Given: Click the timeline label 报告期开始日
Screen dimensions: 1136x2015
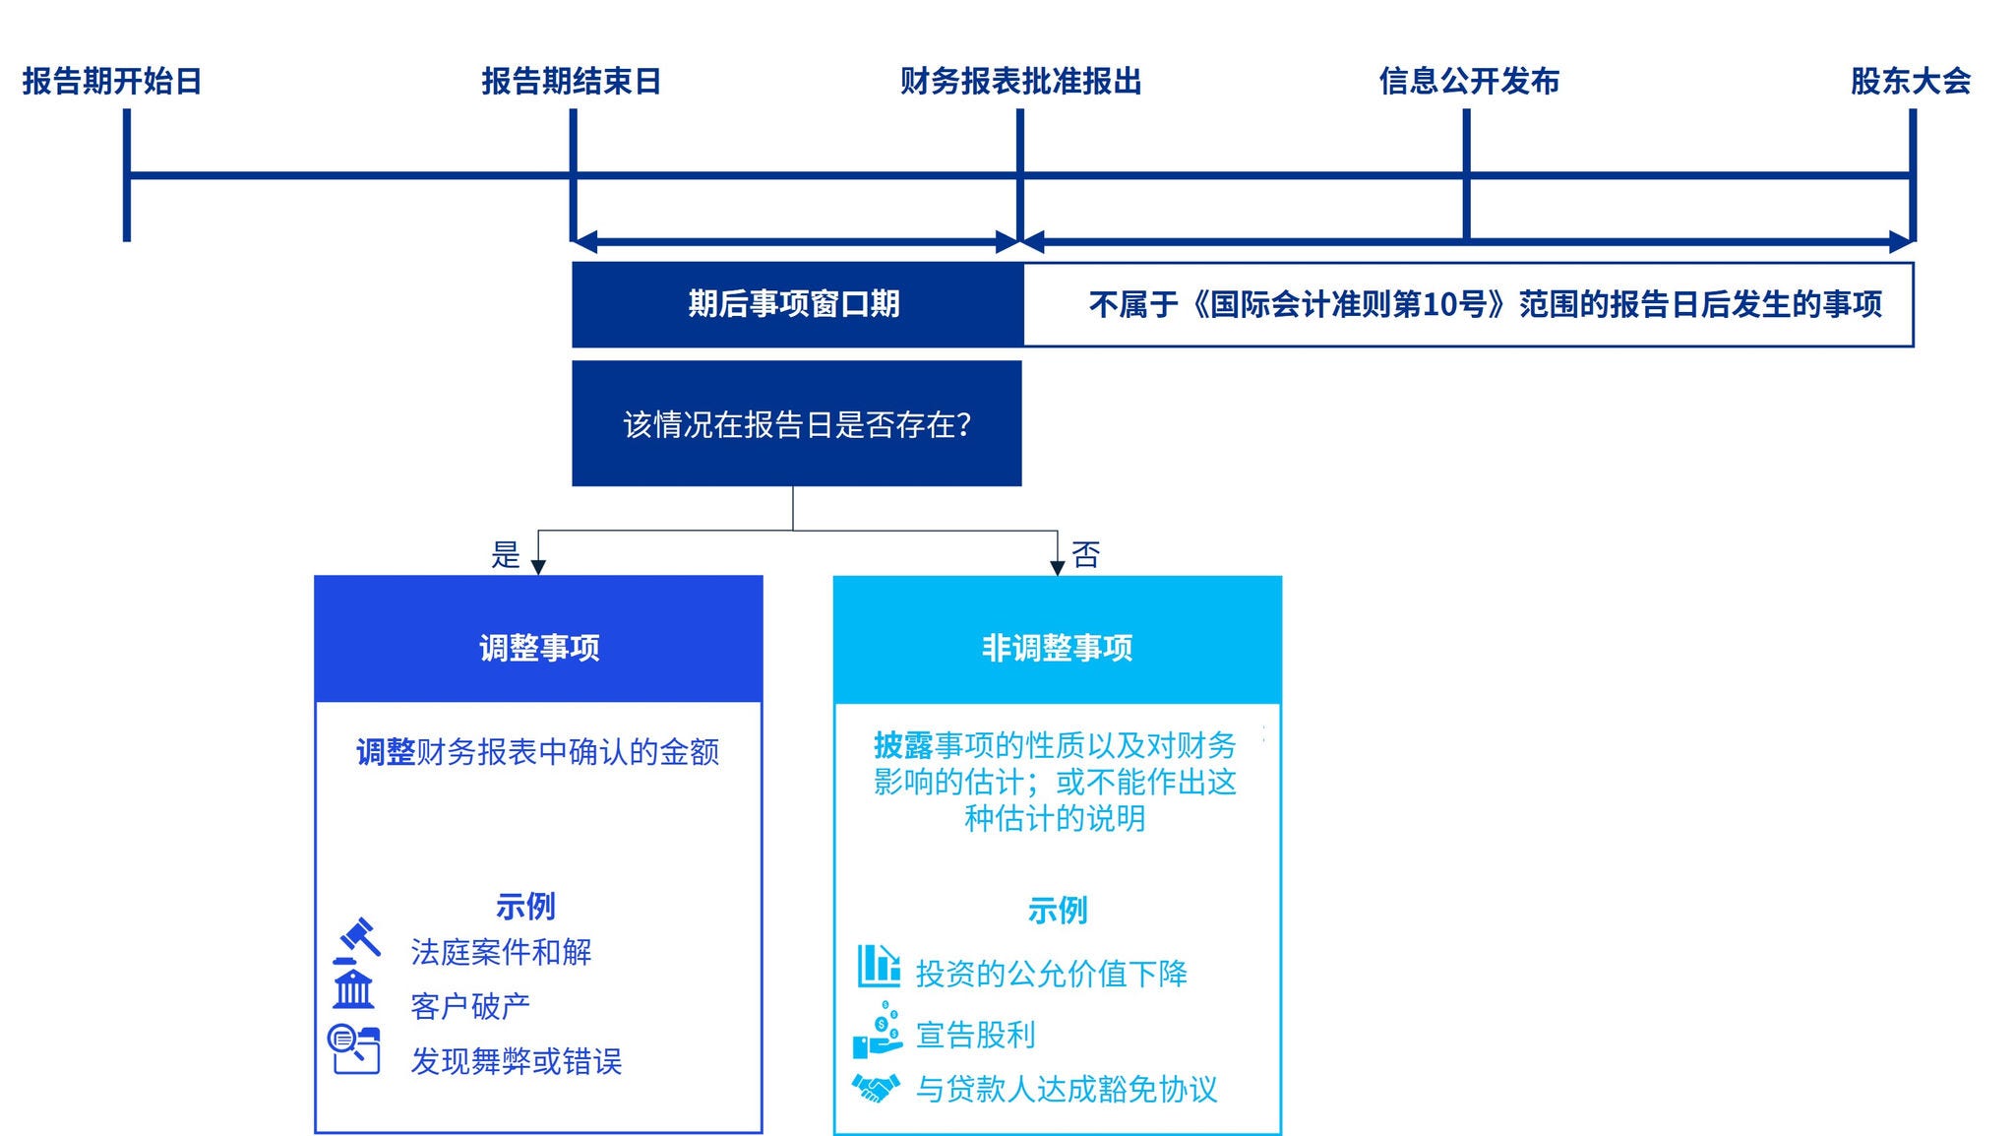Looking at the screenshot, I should pos(112,81).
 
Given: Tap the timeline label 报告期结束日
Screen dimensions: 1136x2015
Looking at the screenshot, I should pos(571,81).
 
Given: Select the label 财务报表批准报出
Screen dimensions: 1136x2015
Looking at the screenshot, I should pos(1020,81).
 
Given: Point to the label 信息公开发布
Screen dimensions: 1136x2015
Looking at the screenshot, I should pos(1469,81).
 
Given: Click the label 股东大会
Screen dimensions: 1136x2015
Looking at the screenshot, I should pos(1911,81).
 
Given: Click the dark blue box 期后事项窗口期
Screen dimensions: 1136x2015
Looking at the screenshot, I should pos(795,303).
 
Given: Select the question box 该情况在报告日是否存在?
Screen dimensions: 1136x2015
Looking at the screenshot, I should pos(797,424).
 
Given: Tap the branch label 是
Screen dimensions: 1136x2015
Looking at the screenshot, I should pos(505,555).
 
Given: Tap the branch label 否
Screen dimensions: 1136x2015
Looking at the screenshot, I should pos(1085,555).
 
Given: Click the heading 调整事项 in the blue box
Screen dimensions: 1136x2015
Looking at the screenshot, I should pos(539,648).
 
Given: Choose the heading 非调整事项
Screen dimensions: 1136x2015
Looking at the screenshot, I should pos(1057,648).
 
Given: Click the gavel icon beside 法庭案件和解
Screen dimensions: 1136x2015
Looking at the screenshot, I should pos(356,941).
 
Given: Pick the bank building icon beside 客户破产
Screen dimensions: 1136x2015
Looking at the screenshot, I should pos(353,989).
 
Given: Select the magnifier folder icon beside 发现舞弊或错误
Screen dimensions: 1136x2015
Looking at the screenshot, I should pos(354,1049).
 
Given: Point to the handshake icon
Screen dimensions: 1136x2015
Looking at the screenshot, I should pos(876,1088).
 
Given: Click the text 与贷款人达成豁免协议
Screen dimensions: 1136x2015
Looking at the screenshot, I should pos(1067,1089).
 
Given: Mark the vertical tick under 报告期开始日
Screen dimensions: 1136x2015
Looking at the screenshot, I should pos(127,175).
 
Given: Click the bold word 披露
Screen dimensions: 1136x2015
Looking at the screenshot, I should pos(903,746).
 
